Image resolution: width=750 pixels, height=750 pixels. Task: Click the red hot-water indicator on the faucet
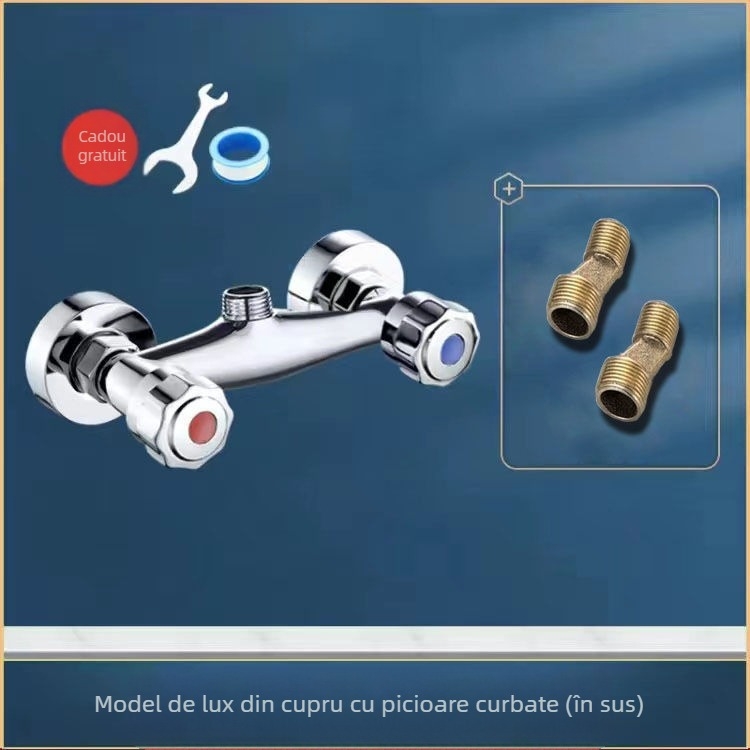(202, 424)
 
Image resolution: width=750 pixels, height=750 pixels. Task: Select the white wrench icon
(185, 139)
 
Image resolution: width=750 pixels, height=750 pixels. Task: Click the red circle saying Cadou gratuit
(100, 147)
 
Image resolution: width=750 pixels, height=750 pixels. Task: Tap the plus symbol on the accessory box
(508, 189)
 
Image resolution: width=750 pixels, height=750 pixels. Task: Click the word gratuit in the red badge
(102, 156)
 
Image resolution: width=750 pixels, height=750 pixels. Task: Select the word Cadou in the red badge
(102, 137)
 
